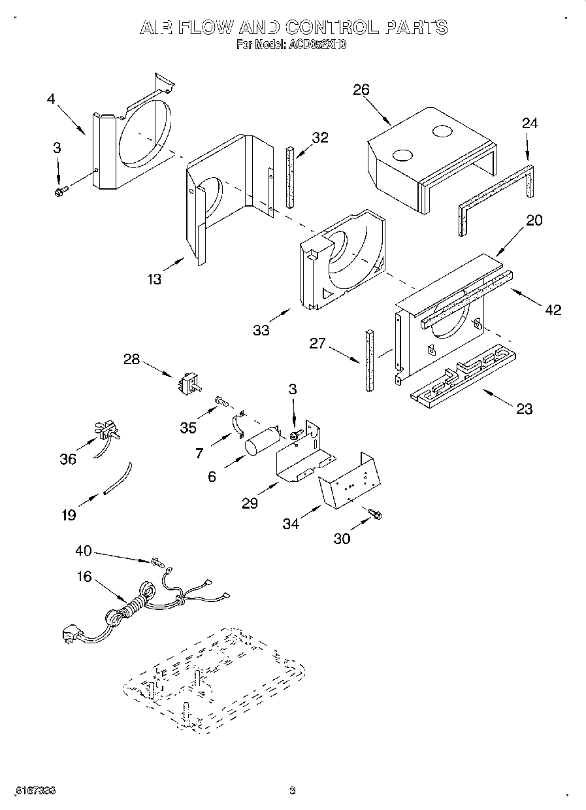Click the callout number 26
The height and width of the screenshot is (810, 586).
(361, 90)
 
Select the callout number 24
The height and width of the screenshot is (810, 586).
(529, 124)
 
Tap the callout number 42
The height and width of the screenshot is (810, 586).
(553, 310)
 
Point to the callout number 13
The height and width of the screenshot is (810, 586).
(154, 280)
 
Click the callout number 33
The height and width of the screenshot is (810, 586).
(261, 331)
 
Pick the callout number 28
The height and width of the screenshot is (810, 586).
(132, 359)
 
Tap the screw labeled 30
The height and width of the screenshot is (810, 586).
(375, 515)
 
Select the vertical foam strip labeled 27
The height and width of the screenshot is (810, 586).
(370, 360)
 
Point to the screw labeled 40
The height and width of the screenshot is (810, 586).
(156, 561)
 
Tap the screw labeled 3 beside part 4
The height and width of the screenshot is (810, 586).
(61, 190)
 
